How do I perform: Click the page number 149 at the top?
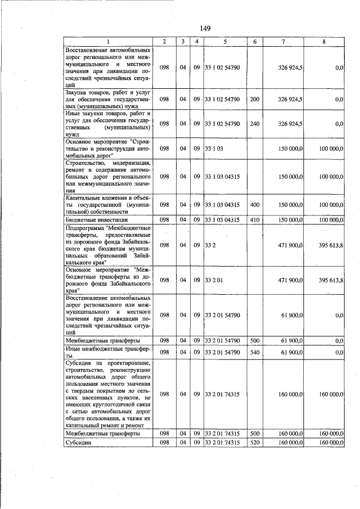205,29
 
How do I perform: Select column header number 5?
224,42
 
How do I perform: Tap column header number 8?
323,42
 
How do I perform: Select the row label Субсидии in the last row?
78,443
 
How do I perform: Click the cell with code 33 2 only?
211,245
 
